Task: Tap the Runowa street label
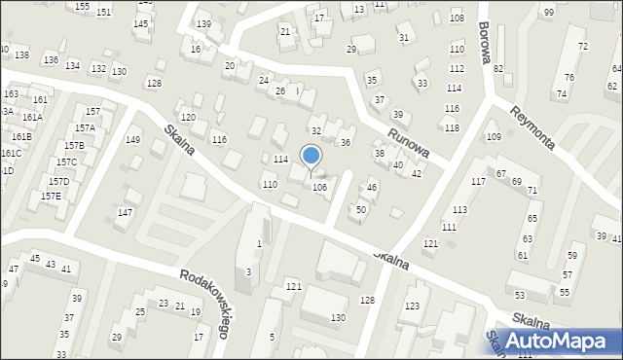408,145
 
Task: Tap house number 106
318,187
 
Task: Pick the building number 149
133,141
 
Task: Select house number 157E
51,196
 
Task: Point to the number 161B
21,137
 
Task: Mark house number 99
548,12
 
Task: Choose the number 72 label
582,47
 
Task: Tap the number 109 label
493,137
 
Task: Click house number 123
413,306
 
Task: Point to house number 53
519,295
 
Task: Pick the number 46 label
371,188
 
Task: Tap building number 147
125,212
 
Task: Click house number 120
188,117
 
